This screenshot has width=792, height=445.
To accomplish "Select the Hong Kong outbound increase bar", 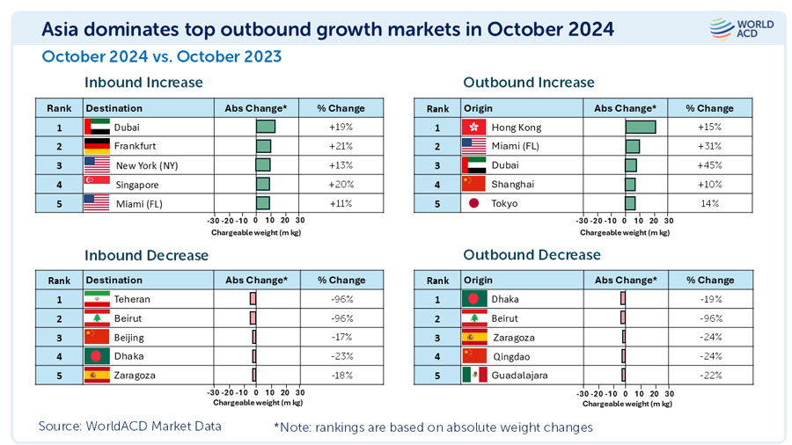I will click(640, 128).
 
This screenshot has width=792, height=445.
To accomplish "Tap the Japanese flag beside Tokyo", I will click(474, 204).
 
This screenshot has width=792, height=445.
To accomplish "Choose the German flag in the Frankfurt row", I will click(96, 146).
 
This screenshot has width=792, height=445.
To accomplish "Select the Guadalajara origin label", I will click(519, 376).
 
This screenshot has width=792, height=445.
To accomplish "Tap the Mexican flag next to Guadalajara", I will click(474, 376).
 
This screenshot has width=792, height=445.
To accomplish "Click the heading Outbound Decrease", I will click(532, 255).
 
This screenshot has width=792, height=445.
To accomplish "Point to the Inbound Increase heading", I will click(143, 83).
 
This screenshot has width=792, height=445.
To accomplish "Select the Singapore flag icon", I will click(96, 185).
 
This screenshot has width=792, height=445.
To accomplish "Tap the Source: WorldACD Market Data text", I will click(129, 427).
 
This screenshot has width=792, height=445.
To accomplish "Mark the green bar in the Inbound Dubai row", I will click(265, 127).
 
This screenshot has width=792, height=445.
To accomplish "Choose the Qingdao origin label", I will click(511, 356).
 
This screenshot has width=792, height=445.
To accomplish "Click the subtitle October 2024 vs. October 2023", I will click(162, 57).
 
